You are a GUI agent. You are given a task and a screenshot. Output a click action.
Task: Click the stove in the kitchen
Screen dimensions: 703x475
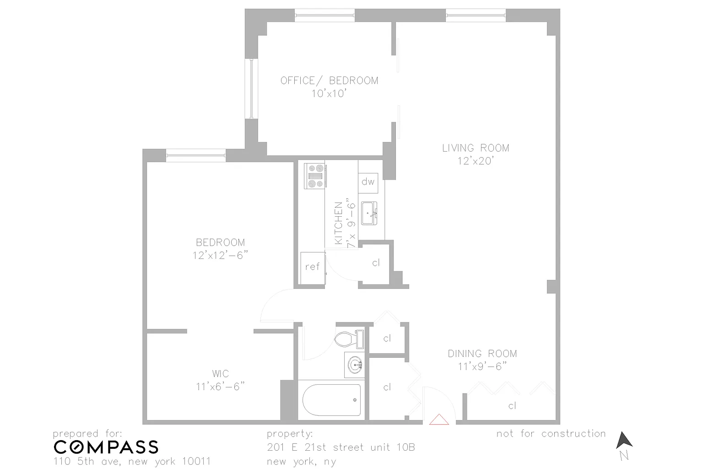coord(315,176)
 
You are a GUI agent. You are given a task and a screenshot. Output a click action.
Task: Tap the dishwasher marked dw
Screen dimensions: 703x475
coord(368,183)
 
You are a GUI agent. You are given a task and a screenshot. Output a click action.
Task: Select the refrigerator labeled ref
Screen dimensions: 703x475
coord(313,268)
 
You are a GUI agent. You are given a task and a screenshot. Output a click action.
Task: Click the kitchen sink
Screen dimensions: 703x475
coord(369,213)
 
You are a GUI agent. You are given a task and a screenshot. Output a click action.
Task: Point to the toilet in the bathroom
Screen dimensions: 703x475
coord(349,339)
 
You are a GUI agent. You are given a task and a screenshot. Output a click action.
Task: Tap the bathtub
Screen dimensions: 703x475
coord(331,400)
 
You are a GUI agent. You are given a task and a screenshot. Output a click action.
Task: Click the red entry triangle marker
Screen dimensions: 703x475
coord(439,420)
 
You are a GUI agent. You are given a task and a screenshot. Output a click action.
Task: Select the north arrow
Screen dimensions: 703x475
coord(624,440)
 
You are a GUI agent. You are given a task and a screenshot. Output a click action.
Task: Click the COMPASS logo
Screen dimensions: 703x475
coord(106,447)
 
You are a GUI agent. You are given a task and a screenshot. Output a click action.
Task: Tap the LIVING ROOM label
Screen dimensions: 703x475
coord(476,148)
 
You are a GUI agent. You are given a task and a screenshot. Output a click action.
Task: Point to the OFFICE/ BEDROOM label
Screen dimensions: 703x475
coord(329,81)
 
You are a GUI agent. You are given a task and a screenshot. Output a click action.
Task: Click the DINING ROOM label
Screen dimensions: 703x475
coord(482,354)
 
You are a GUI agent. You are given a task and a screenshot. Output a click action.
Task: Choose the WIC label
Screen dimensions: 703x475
coord(220,374)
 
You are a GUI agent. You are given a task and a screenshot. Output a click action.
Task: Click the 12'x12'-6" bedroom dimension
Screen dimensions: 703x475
coord(220,256)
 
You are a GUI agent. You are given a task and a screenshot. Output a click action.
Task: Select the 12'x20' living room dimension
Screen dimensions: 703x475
coord(476,161)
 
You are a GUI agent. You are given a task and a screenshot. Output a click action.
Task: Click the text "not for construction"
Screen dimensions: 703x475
coord(551,433)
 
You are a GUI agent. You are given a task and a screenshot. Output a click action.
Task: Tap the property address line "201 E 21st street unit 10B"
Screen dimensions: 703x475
coord(341,447)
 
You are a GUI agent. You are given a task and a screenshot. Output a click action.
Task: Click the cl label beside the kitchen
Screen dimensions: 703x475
coord(376,262)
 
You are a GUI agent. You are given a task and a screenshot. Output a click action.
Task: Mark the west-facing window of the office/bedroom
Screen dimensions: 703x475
coord(251,88)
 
